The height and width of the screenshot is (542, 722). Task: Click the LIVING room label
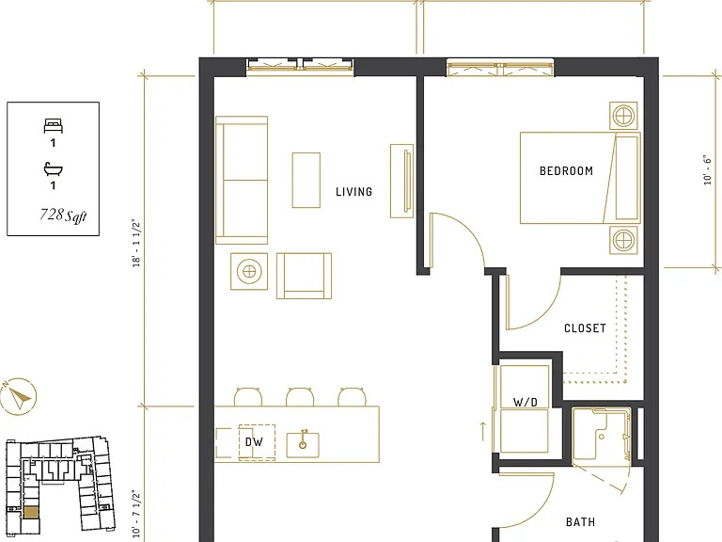(353, 192)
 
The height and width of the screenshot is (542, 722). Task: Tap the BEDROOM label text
(566, 171)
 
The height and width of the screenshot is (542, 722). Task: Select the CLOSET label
(585, 328)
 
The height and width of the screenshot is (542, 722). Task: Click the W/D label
(525, 403)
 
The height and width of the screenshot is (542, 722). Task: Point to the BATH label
(580, 522)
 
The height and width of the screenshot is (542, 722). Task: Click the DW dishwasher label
(254, 442)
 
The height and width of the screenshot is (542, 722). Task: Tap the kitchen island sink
(303, 444)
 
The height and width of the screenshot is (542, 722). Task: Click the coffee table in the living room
(306, 181)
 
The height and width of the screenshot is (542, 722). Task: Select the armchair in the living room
(304, 276)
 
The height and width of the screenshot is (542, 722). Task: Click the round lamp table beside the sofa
(249, 271)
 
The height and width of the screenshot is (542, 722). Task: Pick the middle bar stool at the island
(300, 397)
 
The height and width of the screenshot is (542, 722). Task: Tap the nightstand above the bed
(623, 116)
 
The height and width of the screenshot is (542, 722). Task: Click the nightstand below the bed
(623, 240)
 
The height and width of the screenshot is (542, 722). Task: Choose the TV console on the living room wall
(401, 181)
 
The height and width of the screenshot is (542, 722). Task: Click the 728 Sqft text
(64, 215)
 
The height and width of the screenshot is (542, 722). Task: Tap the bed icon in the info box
(54, 125)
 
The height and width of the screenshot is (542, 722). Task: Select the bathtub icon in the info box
(54, 169)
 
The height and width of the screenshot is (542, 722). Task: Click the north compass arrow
(19, 397)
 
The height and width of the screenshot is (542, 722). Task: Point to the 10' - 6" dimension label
(707, 170)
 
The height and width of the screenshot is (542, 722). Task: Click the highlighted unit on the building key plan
(31, 513)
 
